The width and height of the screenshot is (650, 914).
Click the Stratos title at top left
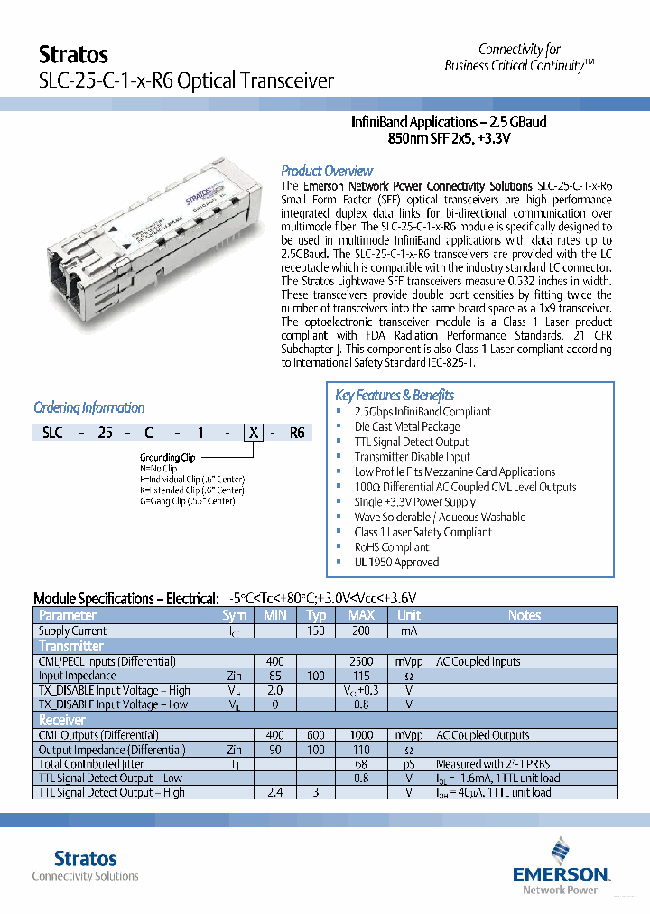[x=73, y=55]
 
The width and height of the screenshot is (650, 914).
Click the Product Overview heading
[x=326, y=171]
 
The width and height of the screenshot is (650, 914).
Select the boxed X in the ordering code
[x=255, y=433]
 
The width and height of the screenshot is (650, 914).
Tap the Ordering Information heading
[x=88, y=407]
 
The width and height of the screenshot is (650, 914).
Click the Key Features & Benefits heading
[x=394, y=395]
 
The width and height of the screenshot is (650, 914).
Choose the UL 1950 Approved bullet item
[x=396, y=562]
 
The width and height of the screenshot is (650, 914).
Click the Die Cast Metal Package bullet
[x=406, y=426]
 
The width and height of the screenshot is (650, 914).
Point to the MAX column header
[x=361, y=615]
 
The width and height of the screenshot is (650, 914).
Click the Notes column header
[x=524, y=615]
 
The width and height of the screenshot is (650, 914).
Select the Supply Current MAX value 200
[x=361, y=630]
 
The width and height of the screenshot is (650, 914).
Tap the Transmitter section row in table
[x=71, y=646]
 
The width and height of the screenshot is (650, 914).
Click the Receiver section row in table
[x=62, y=720]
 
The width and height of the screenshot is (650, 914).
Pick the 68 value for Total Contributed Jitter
[x=361, y=764]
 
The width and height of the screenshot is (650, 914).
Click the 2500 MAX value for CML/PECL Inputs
[x=361, y=661]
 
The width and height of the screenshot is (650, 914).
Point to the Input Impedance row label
[x=77, y=676]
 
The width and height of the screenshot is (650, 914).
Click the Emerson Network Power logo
[x=561, y=865]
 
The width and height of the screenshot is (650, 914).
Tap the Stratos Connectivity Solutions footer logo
[x=86, y=864]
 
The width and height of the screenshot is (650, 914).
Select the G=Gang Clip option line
[x=192, y=499]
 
